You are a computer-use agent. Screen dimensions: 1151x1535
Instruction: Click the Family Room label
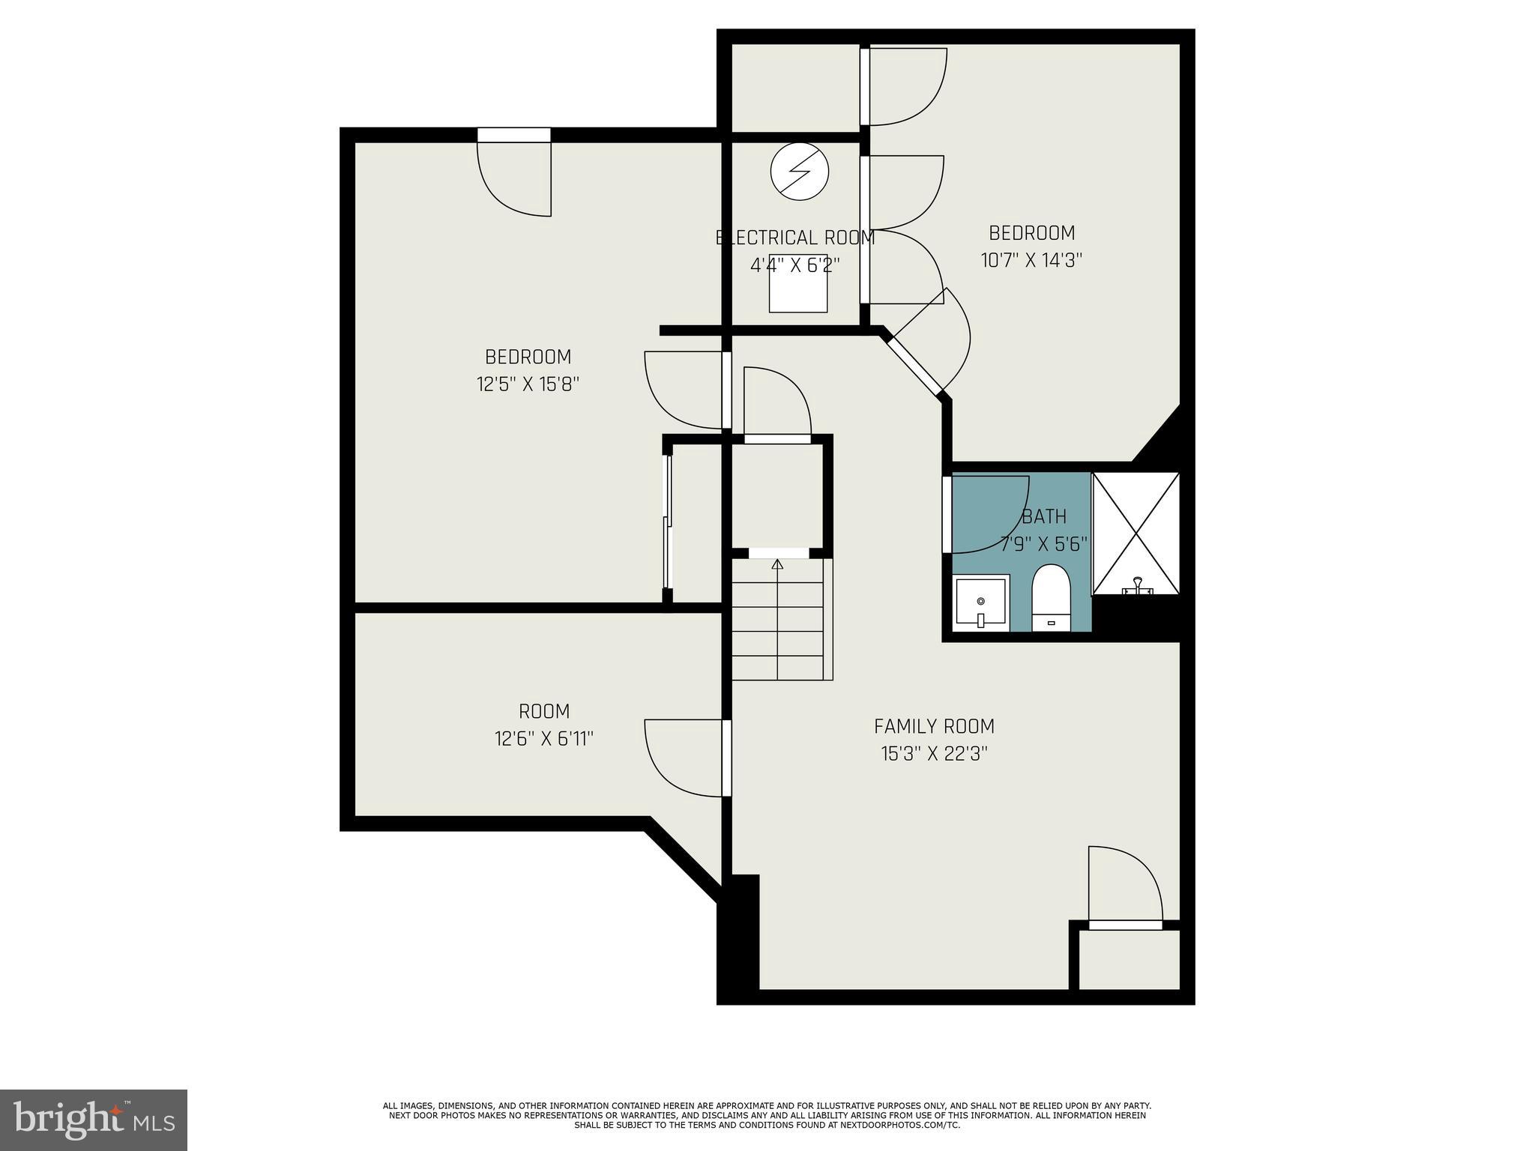(934, 726)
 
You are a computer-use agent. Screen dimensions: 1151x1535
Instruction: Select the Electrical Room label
(795, 238)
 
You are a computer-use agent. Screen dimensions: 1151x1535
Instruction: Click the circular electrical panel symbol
(800, 172)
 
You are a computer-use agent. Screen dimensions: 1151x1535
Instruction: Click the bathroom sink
(981, 602)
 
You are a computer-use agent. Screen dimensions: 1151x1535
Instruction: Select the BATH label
(1044, 516)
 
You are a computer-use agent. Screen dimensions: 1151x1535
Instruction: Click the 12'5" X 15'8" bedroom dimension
(528, 384)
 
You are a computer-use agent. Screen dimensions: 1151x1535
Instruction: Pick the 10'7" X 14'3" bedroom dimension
(1031, 260)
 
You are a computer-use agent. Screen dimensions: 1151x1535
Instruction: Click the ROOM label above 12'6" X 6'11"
(544, 711)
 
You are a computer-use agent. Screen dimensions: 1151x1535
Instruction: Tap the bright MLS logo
(94, 1120)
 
